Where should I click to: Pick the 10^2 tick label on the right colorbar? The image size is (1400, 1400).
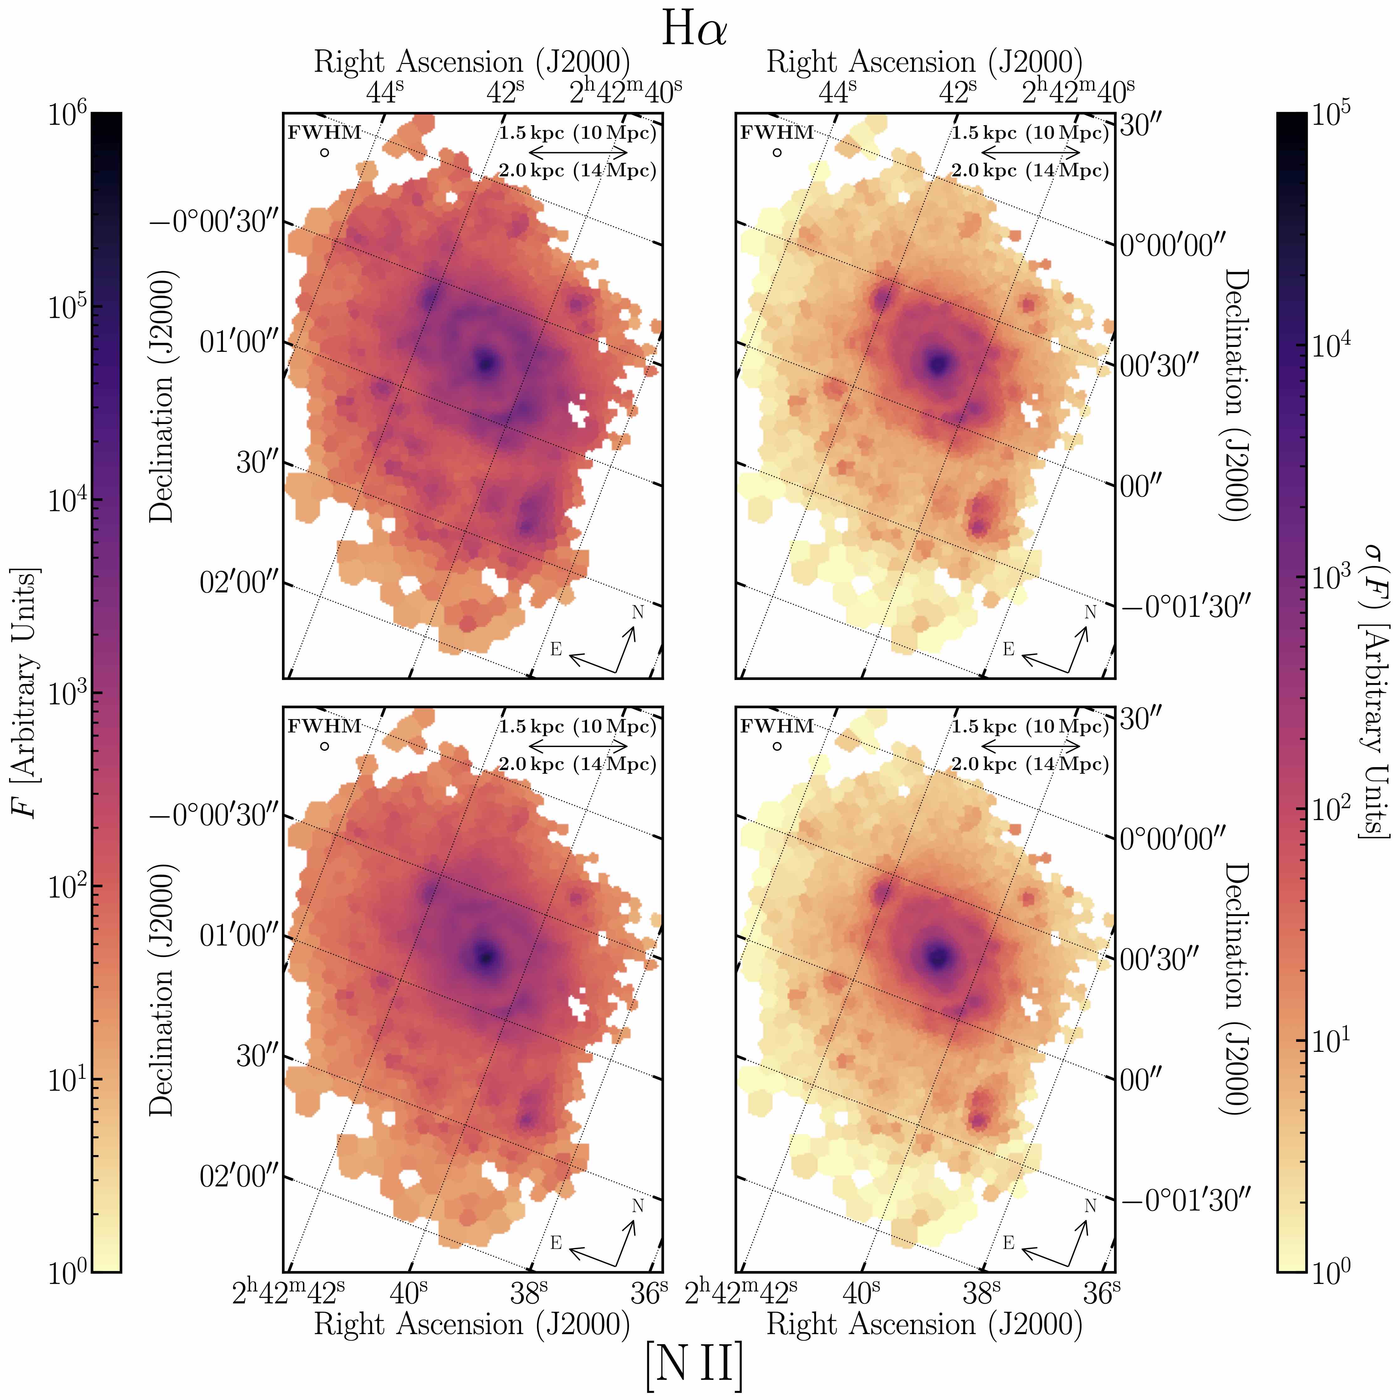pos(1333,809)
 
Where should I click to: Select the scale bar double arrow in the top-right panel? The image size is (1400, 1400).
pos(1031,152)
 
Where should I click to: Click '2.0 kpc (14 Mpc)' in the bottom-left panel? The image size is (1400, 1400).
pos(578,764)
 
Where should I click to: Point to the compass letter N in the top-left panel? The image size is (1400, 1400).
pos(638,612)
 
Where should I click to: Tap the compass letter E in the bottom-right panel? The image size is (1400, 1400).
pos(1008,1243)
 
